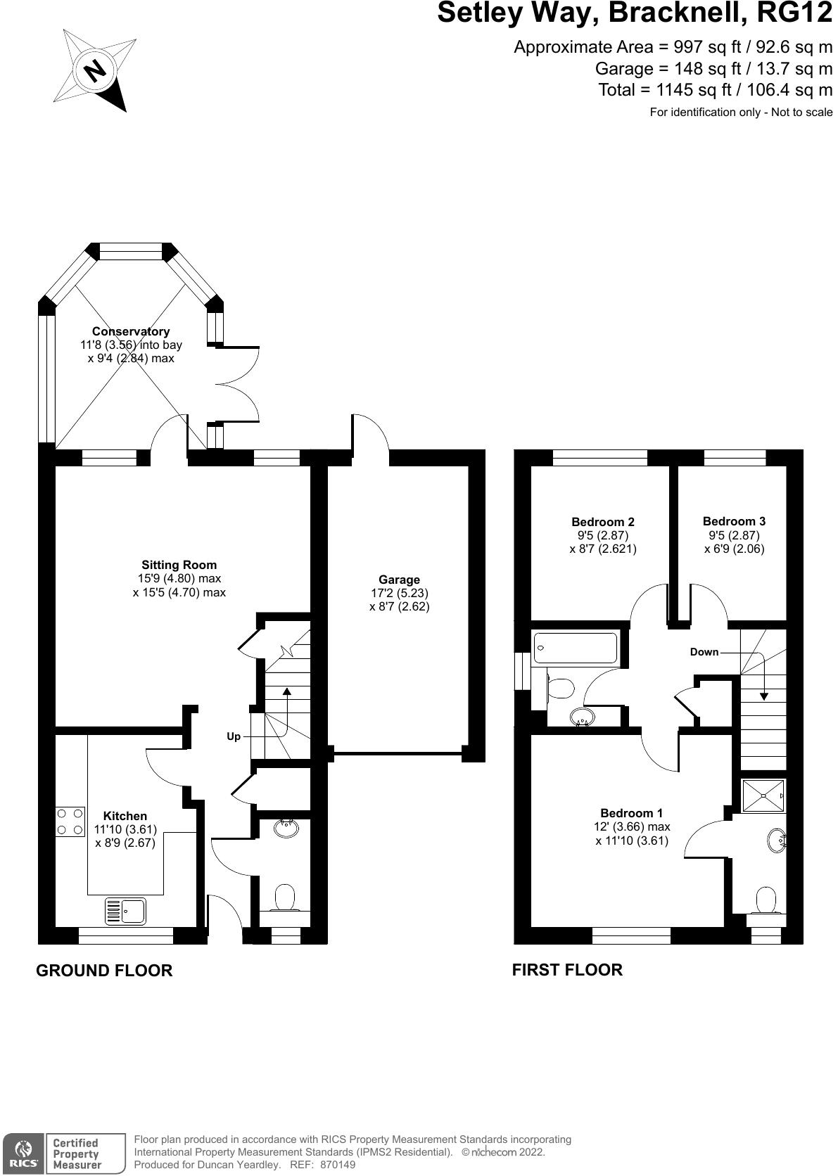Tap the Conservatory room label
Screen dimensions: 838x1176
[131, 331]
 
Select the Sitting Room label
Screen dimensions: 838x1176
[179, 565]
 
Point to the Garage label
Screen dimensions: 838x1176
[399, 580]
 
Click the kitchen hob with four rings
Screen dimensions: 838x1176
[70, 822]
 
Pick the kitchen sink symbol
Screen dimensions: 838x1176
[126, 911]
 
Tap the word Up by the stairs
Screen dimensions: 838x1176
[234, 736]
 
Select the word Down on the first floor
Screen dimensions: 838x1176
[704, 652]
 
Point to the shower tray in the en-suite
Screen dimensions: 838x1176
[763, 796]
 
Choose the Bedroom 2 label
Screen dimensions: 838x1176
[603, 522]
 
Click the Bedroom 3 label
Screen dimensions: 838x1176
[734, 521]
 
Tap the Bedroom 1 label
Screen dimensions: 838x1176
[632, 813]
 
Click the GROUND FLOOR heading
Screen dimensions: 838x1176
[104, 971]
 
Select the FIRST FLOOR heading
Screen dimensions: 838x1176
[567, 970]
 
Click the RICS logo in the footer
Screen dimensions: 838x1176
[24, 1152]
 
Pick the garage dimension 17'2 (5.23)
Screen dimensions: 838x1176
[399, 593]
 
